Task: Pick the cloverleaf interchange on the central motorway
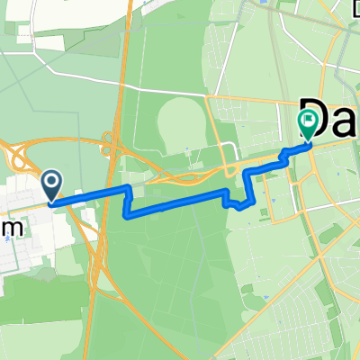(111, 143)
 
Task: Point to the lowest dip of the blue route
(126, 213)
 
